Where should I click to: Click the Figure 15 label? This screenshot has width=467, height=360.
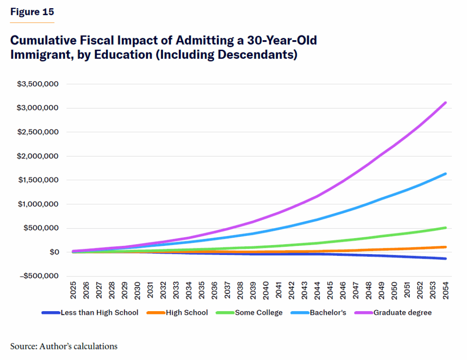click(x=32, y=12)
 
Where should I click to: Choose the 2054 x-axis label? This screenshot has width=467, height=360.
click(x=445, y=290)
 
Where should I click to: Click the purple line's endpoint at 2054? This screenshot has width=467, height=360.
click(x=445, y=103)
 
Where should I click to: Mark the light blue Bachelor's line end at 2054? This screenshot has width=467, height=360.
click(x=445, y=174)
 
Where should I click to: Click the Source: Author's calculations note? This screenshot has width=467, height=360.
click(x=64, y=346)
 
